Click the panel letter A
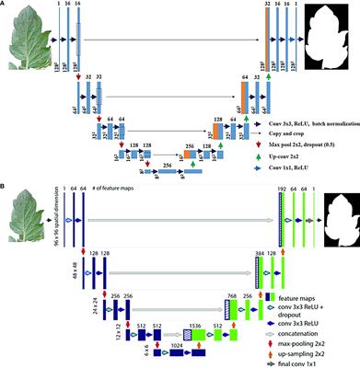[x=6, y=6]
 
